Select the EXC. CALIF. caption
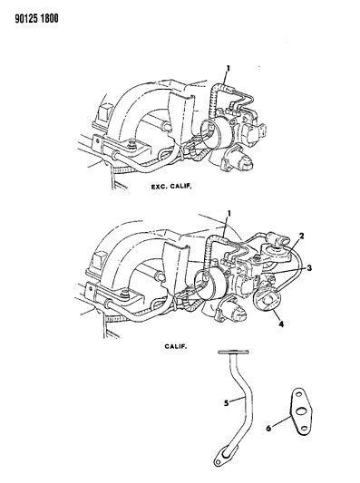click(171, 187)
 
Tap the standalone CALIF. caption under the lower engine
click(176, 346)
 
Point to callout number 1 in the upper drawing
click(228, 68)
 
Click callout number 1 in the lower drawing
click(229, 214)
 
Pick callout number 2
click(302, 236)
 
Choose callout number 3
click(309, 268)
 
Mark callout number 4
click(281, 324)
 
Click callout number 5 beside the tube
click(226, 403)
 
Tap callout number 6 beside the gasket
click(268, 428)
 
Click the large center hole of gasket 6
click(300, 411)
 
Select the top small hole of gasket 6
click(298, 395)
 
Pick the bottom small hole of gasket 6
click(304, 428)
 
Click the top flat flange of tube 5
click(233, 352)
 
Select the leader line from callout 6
click(281, 420)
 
